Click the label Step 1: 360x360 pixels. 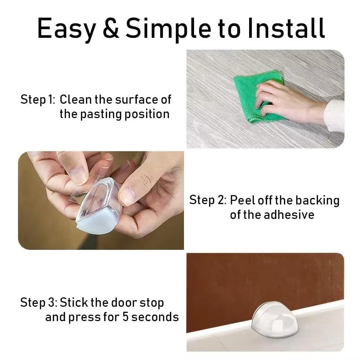37,100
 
